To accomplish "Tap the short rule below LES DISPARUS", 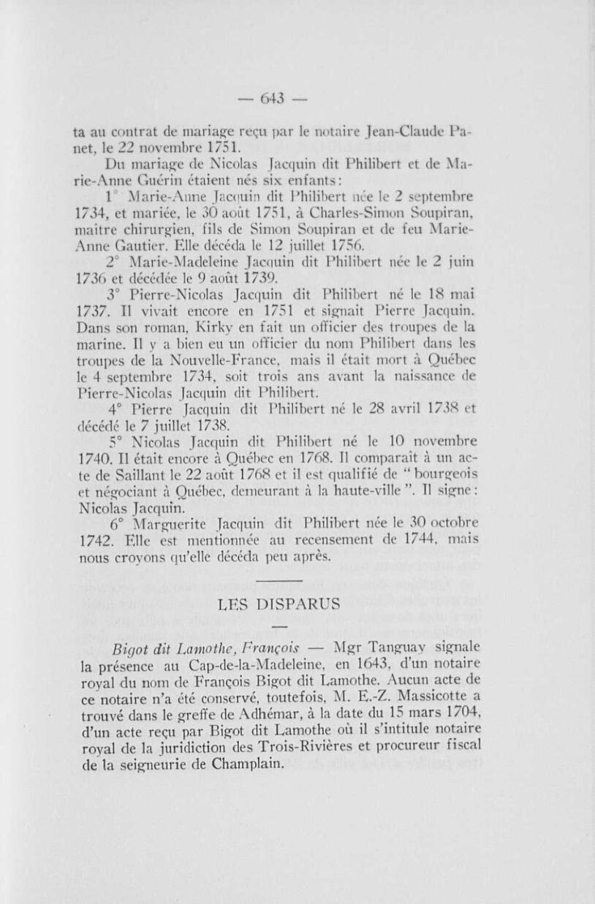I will pyautogui.click(x=280, y=626).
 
